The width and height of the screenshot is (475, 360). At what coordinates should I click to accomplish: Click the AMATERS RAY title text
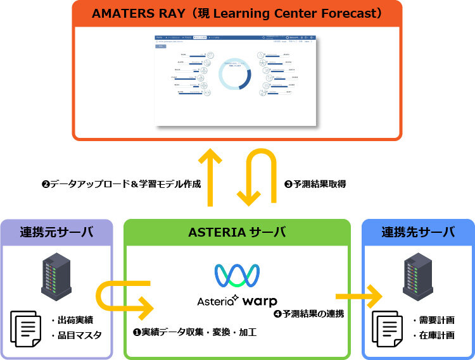(237, 13)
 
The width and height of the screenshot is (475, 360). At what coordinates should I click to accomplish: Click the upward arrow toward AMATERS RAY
(210, 177)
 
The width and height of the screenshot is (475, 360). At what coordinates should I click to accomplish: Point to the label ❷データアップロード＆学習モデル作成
(121, 185)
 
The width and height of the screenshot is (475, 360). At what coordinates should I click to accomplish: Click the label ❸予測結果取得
(315, 185)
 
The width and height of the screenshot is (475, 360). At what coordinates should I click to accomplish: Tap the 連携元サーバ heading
(56, 232)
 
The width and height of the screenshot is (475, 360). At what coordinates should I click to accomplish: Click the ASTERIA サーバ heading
(237, 232)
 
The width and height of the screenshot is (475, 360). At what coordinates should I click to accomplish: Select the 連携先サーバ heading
(418, 232)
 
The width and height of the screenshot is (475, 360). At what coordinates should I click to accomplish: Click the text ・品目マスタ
(75, 335)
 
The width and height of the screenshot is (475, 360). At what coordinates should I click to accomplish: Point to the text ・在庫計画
(433, 335)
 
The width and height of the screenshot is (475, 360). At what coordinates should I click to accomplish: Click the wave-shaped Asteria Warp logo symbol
(237, 274)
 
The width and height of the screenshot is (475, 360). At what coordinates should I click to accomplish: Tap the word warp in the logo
(258, 301)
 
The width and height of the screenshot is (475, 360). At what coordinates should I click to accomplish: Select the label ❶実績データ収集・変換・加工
(194, 332)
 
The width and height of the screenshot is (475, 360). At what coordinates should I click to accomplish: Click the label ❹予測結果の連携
(308, 313)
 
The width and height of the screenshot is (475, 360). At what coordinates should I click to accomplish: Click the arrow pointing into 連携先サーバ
(359, 295)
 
